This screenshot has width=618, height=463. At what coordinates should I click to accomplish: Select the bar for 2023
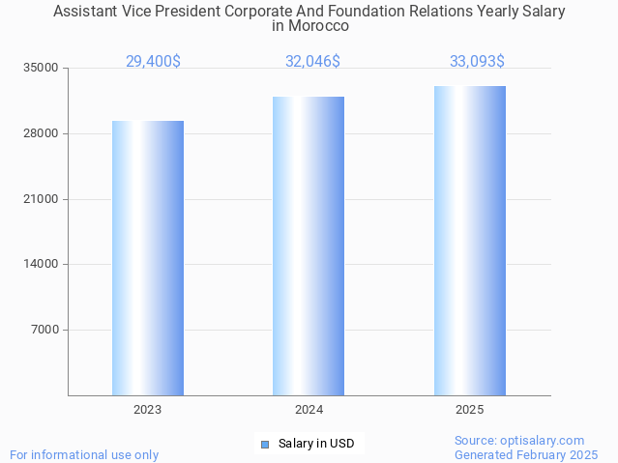tap(148, 258)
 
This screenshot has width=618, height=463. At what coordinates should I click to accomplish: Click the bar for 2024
tap(309, 246)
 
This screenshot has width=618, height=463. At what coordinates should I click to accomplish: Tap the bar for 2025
tap(470, 241)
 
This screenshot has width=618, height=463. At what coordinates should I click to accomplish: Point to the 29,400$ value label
tap(153, 62)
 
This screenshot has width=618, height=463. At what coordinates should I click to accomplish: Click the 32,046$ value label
tap(312, 62)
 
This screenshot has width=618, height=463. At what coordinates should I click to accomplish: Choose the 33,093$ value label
tap(477, 62)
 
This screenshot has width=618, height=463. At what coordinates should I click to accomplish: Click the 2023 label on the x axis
tap(148, 410)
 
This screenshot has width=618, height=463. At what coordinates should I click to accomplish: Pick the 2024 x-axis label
tap(309, 410)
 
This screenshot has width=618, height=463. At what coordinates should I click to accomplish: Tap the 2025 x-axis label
tap(470, 410)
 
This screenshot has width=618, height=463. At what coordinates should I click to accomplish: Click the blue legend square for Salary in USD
tap(265, 445)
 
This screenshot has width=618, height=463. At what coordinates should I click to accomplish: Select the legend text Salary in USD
tap(316, 445)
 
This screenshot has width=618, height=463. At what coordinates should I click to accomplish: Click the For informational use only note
tap(84, 454)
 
